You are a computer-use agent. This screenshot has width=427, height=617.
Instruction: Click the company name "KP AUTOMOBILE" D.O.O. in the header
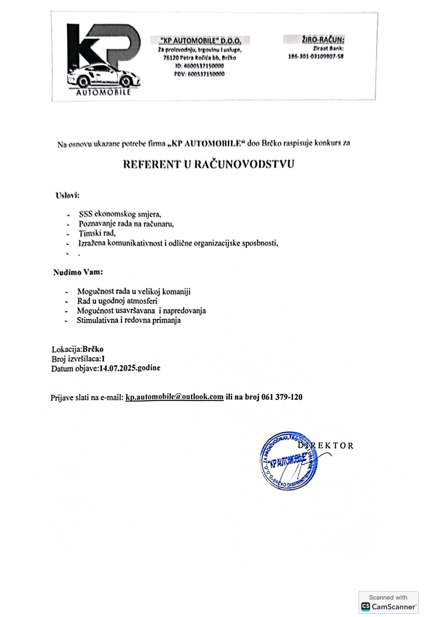coord(200,41)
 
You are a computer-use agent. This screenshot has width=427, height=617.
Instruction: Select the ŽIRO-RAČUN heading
coord(323,40)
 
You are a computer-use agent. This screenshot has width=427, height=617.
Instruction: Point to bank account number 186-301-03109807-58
coord(315,56)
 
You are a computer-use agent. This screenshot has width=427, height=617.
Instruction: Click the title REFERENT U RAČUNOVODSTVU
coord(208,164)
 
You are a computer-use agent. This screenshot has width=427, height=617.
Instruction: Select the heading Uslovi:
coord(67,195)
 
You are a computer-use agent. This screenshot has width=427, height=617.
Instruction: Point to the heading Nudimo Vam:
coord(78,272)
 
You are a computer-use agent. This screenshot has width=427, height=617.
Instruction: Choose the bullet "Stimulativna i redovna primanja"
coord(128,320)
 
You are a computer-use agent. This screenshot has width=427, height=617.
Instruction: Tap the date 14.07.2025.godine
coord(129,368)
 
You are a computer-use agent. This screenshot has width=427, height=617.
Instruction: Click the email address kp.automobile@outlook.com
coord(174,397)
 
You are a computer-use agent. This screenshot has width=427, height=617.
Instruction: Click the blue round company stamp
coord(288,461)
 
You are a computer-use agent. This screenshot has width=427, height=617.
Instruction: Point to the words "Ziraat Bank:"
coord(328,48)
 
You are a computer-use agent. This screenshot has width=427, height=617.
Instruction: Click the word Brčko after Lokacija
coord(93,349)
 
